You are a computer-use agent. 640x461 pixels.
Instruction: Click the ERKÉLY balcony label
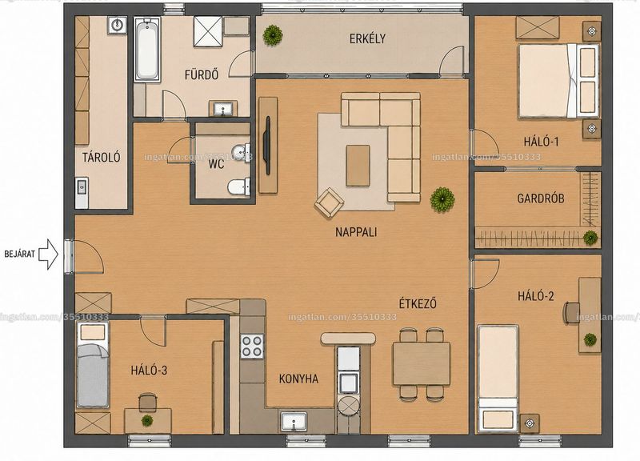click(x=367, y=38)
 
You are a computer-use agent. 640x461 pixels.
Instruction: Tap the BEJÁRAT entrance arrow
click(x=49, y=254)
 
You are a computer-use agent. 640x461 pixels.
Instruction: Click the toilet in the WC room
click(x=238, y=187)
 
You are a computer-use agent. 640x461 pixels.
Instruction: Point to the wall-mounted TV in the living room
click(x=267, y=146)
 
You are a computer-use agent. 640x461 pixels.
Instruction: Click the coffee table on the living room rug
click(x=358, y=166)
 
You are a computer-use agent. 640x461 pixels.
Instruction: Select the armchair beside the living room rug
click(x=329, y=202)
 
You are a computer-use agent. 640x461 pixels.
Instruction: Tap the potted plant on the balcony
click(x=272, y=34)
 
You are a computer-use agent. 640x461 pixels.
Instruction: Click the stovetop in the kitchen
click(x=251, y=346)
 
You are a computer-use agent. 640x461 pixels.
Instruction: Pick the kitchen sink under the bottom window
click(x=294, y=421)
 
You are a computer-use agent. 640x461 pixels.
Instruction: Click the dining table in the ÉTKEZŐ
click(x=422, y=363)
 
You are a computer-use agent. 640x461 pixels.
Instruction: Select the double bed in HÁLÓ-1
click(x=558, y=81)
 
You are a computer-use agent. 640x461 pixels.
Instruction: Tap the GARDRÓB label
click(x=541, y=198)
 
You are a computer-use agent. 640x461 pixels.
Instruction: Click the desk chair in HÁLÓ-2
click(x=571, y=313)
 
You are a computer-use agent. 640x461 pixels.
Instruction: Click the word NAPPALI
click(x=356, y=232)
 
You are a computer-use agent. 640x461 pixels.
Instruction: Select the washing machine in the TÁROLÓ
click(x=117, y=25)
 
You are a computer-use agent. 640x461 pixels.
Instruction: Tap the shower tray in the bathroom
click(x=208, y=31)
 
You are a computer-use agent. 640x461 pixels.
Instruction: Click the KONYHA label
click(x=298, y=379)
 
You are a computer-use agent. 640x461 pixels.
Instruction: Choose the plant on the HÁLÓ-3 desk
click(x=147, y=420)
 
